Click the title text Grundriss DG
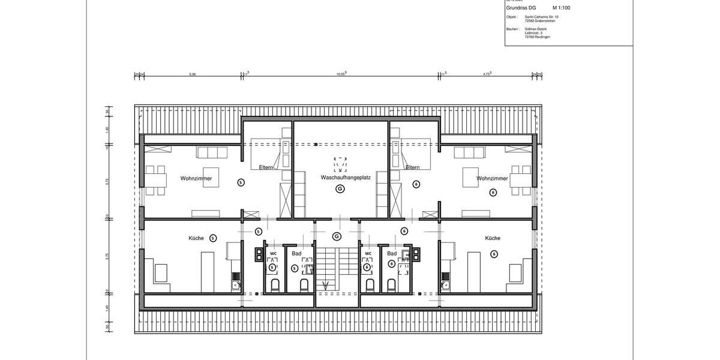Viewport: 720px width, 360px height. pyautogui.click(x=521, y=8)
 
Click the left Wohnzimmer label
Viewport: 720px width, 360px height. pyautogui.click(x=196, y=178)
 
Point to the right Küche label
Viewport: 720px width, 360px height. pyautogui.click(x=493, y=238)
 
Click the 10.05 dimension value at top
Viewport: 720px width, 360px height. pyautogui.click(x=341, y=74)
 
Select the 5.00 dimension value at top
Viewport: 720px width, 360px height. pyautogui.click(x=193, y=74)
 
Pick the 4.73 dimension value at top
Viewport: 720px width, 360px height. pyautogui.click(x=487, y=74)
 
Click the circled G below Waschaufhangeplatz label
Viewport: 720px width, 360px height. pyautogui.click(x=340, y=189)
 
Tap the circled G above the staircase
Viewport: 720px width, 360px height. pyautogui.click(x=337, y=235)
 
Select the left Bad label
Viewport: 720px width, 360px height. pyautogui.click(x=296, y=253)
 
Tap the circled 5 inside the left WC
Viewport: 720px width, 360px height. pyautogui.click(x=272, y=267)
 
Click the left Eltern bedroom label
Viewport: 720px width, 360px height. pyautogui.click(x=266, y=167)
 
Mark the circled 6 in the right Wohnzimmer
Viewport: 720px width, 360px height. pyautogui.click(x=493, y=193)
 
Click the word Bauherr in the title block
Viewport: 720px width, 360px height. pyautogui.click(x=512, y=28)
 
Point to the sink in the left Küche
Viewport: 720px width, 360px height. pyautogui.click(x=236, y=284)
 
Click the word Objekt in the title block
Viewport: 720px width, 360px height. pyautogui.click(x=511, y=17)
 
